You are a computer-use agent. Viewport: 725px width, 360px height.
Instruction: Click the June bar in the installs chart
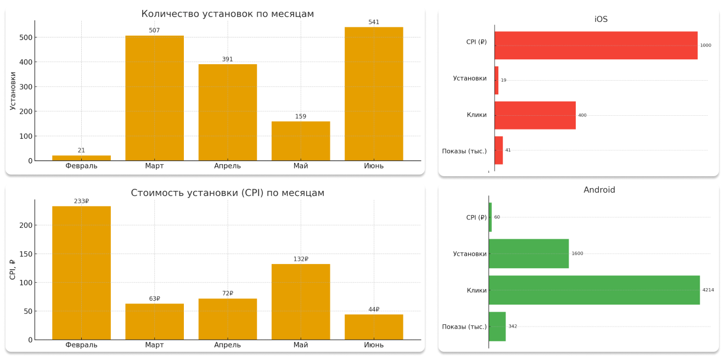(374, 94)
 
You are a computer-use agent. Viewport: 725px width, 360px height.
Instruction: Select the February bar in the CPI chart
(81, 273)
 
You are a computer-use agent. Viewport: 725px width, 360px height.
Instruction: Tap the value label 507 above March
(154, 30)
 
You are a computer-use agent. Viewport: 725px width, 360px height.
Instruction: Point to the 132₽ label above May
(301, 259)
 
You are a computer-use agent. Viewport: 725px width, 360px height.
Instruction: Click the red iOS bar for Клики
(535, 115)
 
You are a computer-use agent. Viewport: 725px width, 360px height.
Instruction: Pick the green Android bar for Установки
(529, 254)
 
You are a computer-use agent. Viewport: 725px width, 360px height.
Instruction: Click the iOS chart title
(601, 19)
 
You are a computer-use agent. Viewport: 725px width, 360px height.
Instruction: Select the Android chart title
(599, 190)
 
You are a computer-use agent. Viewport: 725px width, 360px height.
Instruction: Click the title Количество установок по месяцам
(228, 14)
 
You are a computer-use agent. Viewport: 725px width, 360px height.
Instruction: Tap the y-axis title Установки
(13, 91)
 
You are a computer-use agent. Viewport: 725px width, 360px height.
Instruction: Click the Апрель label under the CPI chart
(227, 345)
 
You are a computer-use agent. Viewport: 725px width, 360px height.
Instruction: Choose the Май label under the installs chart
(301, 166)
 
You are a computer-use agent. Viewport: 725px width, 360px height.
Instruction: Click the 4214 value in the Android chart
(708, 290)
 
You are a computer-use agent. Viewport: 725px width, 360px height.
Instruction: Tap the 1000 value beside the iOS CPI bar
(706, 45)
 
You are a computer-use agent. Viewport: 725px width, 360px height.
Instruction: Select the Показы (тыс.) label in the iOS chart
(464, 151)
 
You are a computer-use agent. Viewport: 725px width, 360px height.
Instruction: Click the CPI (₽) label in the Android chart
(476, 217)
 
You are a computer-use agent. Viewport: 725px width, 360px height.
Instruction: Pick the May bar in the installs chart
(301, 141)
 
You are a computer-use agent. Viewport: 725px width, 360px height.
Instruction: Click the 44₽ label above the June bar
(374, 310)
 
